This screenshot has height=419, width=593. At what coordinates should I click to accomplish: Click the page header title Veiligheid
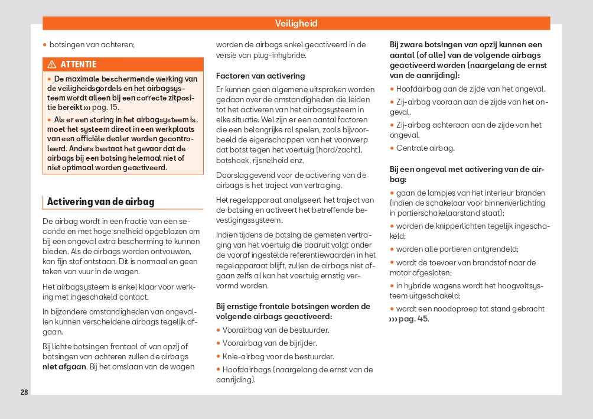coord(296,24)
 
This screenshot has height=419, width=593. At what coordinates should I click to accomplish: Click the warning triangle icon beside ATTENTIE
coord(51,64)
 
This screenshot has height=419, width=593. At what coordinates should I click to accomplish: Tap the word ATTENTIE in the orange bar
coord(78,64)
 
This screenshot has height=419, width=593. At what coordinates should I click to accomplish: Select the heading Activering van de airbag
coord(100,202)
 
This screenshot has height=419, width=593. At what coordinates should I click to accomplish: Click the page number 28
coord(24,392)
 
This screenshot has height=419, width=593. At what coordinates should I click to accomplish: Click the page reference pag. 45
coord(413,319)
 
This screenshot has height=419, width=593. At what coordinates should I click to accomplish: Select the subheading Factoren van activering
coord(260,76)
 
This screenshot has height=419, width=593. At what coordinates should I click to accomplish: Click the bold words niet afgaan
coord(64,367)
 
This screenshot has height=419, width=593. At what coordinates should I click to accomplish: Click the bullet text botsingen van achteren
coord(92,44)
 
